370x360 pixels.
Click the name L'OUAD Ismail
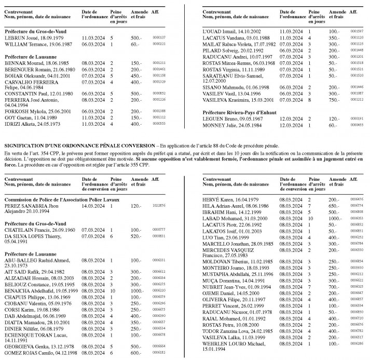pos(218,31)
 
